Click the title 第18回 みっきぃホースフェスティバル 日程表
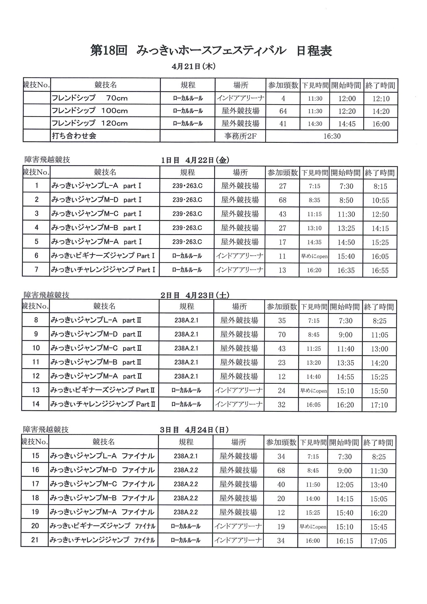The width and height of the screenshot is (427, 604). pyautogui.click(x=211, y=51)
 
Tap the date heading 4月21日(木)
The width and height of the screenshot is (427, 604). pyautogui.click(x=193, y=66)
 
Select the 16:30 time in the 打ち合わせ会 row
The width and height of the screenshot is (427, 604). pyautogui.click(x=332, y=136)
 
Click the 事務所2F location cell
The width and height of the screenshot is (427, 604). pyautogui.click(x=240, y=136)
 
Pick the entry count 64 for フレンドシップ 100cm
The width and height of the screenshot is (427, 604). pyautogui.click(x=283, y=111)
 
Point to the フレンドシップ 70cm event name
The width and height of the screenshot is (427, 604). pyautogui.click(x=90, y=98)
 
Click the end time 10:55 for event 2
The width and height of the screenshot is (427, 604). pyautogui.click(x=380, y=200)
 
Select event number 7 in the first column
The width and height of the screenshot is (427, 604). pyautogui.click(x=36, y=270)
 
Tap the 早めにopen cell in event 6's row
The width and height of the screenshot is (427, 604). pyautogui.click(x=314, y=256)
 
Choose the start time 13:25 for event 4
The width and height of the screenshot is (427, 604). pyautogui.click(x=346, y=228)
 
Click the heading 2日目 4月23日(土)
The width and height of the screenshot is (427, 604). pyautogui.click(x=195, y=295)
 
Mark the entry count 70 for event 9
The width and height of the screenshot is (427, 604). pyautogui.click(x=282, y=334)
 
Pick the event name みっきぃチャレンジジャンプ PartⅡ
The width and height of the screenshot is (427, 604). pyautogui.click(x=103, y=404)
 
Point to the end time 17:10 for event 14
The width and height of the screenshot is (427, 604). pyautogui.click(x=379, y=405)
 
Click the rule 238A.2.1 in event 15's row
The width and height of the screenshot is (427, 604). pyautogui.click(x=186, y=456)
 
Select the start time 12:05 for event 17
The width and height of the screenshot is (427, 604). pyautogui.click(x=345, y=485)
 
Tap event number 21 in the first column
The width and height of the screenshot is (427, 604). pyautogui.click(x=35, y=540)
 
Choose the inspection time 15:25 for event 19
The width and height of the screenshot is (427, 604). pyautogui.click(x=313, y=513)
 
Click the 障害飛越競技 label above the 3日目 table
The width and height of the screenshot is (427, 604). pyautogui.click(x=46, y=430)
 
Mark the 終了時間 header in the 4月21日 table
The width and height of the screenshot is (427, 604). pyautogui.click(x=380, y=85)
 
